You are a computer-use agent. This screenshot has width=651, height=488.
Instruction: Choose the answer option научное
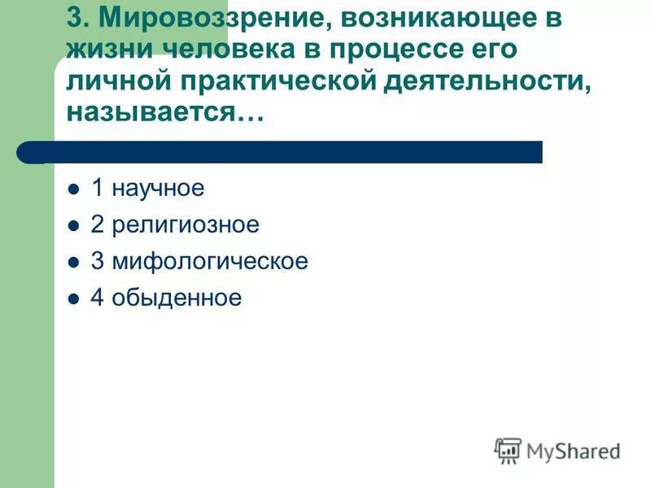158,189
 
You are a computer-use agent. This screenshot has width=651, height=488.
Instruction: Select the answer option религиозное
186,225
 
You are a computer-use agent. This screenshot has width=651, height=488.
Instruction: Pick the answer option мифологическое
210,262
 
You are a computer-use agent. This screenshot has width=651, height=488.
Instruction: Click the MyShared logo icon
508,450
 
